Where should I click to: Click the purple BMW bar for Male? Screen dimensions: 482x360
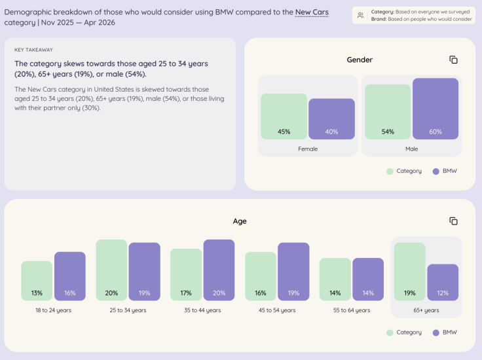click(436, 109)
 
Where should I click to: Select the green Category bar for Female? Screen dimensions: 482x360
click(284, 117)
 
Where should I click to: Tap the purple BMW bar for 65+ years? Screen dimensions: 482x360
click(443, 282)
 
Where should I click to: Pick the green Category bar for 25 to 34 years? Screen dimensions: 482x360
click(111, 270)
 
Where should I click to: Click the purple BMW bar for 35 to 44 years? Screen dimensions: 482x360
click(219, 270)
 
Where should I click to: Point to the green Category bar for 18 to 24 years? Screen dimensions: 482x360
click(37, 281)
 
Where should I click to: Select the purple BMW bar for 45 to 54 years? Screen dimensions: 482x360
click(293, 272)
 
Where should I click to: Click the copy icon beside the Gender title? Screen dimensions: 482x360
click(453, 60)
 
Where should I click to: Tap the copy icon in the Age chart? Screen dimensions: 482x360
click(453, 221)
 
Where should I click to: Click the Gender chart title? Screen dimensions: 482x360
click(360, 60)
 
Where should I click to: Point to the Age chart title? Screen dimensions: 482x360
click(240, 221)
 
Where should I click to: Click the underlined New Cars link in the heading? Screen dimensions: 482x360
click(312, 12)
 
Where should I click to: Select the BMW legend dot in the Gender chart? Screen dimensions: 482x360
click(436, 171)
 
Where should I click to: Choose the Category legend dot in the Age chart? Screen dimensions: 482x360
click(390, 333)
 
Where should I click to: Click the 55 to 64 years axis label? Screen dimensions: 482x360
click(352, 310)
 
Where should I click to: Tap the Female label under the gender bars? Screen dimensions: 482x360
click(308, 149)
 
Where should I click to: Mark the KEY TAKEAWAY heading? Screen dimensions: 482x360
click(33, 50)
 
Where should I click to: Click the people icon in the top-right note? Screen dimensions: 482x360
click(361, 15)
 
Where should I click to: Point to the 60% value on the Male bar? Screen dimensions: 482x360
click(436, 132)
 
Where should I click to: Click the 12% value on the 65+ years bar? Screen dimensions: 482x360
click(443, 293)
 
